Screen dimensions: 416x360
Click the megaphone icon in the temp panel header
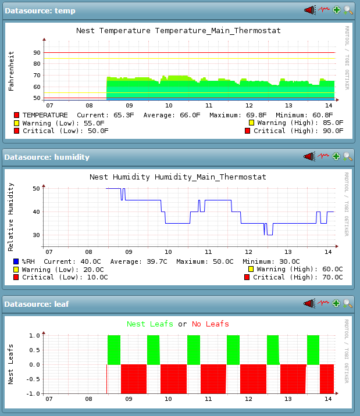click(x=309, y=10)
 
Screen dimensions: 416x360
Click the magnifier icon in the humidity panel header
click(x=348, y=156)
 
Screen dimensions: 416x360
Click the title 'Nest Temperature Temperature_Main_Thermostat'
click(x=179, y=30)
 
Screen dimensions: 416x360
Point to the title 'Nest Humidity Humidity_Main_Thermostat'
click(x=178, y=177)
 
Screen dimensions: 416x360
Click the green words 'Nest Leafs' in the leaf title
click(x=150, y=324)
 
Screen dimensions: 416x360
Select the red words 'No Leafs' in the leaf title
click(x=211, y=324)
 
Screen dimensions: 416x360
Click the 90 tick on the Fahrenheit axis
click(x=37, y=53)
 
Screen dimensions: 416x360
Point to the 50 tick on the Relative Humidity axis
click(x=37, y=189)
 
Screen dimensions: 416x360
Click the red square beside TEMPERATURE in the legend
click(x=17, y=115)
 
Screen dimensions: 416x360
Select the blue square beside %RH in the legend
click(x=16, y=261)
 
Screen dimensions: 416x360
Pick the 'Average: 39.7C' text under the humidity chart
click(x=143, y=261)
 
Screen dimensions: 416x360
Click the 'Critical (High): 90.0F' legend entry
click(x=294, y=131)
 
